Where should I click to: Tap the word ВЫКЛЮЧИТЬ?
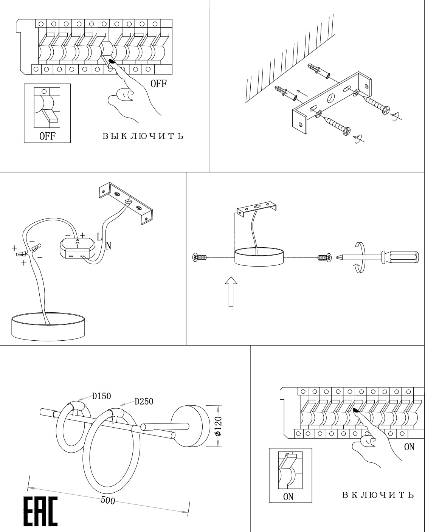click(143, 136)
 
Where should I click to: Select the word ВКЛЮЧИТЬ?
click(378, 495)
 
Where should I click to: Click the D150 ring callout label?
click(101, 396)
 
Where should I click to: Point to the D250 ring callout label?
click(144, 401)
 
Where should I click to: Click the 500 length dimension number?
click(108, 500)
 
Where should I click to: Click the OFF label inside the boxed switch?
click(47, 136)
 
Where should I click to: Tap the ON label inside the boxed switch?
click(288, 496)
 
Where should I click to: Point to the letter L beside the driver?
click(99, 237)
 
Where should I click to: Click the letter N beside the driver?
click(109, 246)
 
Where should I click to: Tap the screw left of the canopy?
click(199, 258)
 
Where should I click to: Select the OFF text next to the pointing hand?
click(158, 84)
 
